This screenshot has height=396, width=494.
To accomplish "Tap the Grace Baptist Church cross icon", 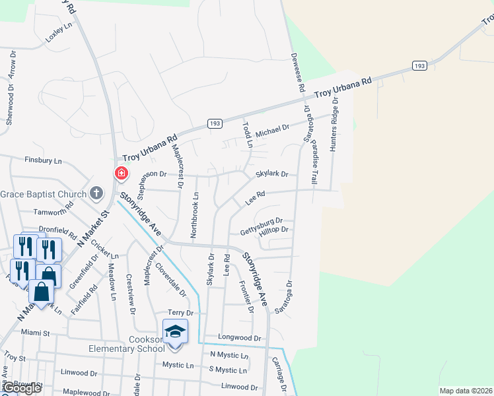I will pos(96,193).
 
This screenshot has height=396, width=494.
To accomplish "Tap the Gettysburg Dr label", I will pos(261,221).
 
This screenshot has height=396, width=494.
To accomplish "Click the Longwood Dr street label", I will pos(239,338).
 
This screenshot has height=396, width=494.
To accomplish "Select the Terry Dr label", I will pos(180,313).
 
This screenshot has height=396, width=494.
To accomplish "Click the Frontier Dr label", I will pos(246,296).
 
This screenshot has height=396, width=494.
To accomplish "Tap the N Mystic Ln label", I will pos(229,355).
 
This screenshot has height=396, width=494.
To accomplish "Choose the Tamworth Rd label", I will pos(54,212).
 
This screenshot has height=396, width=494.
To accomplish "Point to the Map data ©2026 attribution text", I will pos(465,391).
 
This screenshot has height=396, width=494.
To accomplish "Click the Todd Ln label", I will pos(248,134).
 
